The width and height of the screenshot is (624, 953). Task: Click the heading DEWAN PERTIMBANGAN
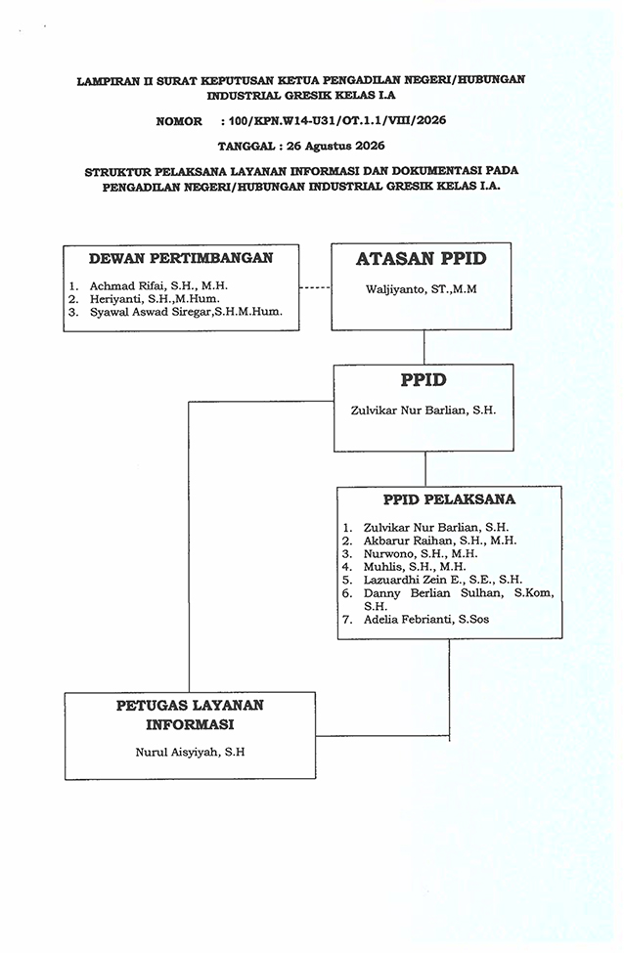[x=181, y=258]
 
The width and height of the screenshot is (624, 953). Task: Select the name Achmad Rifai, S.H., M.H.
[x=158, y=285]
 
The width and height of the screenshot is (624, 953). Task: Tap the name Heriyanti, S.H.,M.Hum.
[x=156, y=299]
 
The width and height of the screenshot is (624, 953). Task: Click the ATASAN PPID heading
[x=421, y=259]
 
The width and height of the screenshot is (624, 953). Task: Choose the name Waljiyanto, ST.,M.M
[x=421, y=289]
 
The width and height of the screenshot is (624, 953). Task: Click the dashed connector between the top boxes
[x=315, y=287]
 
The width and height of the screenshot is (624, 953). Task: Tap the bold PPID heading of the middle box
[x=423, y=380]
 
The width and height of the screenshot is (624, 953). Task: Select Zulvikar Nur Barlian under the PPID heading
[x=423, y=411]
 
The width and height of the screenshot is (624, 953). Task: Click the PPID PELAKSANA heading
[x=449, y=499]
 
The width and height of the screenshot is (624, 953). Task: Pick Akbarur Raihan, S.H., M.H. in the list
[x=440, y=541]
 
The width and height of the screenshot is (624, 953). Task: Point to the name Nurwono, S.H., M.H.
[x=421, y=553]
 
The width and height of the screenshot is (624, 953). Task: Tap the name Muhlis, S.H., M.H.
[x=415, y=567]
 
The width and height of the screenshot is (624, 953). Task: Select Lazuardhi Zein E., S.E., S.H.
[x=443, y=580]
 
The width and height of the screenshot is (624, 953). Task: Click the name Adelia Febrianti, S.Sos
[x=426, y=620]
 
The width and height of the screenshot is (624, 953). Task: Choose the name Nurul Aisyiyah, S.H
[x=190, y=753]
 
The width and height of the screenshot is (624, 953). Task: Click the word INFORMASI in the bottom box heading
[x=190, y=725]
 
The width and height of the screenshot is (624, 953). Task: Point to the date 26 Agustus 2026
[x=335, y=146]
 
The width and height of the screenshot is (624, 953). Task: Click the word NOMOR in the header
[x=179, y=121]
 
